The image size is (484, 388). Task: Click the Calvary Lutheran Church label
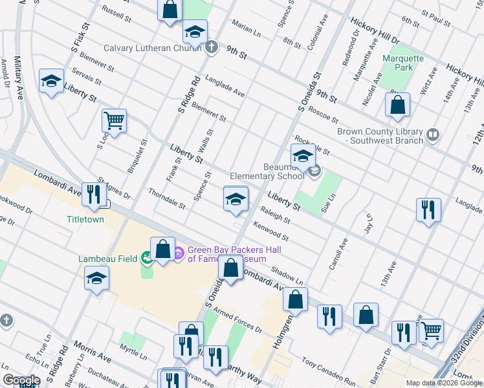154,48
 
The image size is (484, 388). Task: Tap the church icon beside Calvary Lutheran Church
212,47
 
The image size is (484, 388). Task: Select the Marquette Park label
402,63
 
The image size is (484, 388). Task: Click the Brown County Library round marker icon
433,135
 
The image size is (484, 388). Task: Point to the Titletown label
85,219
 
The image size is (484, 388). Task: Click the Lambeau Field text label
107,259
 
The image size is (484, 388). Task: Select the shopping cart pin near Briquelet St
114,120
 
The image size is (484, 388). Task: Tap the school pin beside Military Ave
51,81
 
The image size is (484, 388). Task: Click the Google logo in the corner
21,380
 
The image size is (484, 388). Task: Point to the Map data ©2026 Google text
443,383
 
